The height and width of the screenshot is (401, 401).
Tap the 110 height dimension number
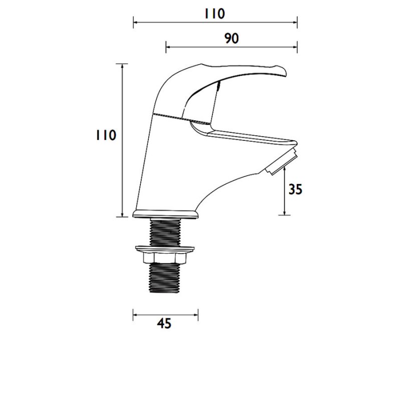tap(106, 136)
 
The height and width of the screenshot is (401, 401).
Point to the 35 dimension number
tap(296, 189)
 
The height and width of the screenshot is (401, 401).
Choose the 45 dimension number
tap(164, 324)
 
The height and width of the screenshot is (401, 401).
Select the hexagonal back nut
tap(165, 257)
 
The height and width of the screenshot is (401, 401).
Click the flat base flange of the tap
tap(165, 215)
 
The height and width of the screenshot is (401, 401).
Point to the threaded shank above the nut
tap(165, 232)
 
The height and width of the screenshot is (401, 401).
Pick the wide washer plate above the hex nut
tap(165, 248)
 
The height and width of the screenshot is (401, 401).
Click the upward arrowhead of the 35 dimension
tap(285, 170)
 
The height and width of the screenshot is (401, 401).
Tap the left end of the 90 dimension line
tap(166, 48)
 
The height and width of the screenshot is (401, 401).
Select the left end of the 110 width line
tap(133, 22)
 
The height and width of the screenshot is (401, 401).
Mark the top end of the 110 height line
tap(122, 64)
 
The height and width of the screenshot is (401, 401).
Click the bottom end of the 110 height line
tap(122, 217)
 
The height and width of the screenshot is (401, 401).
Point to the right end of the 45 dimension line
tap(198, 315)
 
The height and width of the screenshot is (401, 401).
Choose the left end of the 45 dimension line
tap(133, 315)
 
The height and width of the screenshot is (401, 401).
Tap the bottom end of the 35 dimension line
tap(285, 215)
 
